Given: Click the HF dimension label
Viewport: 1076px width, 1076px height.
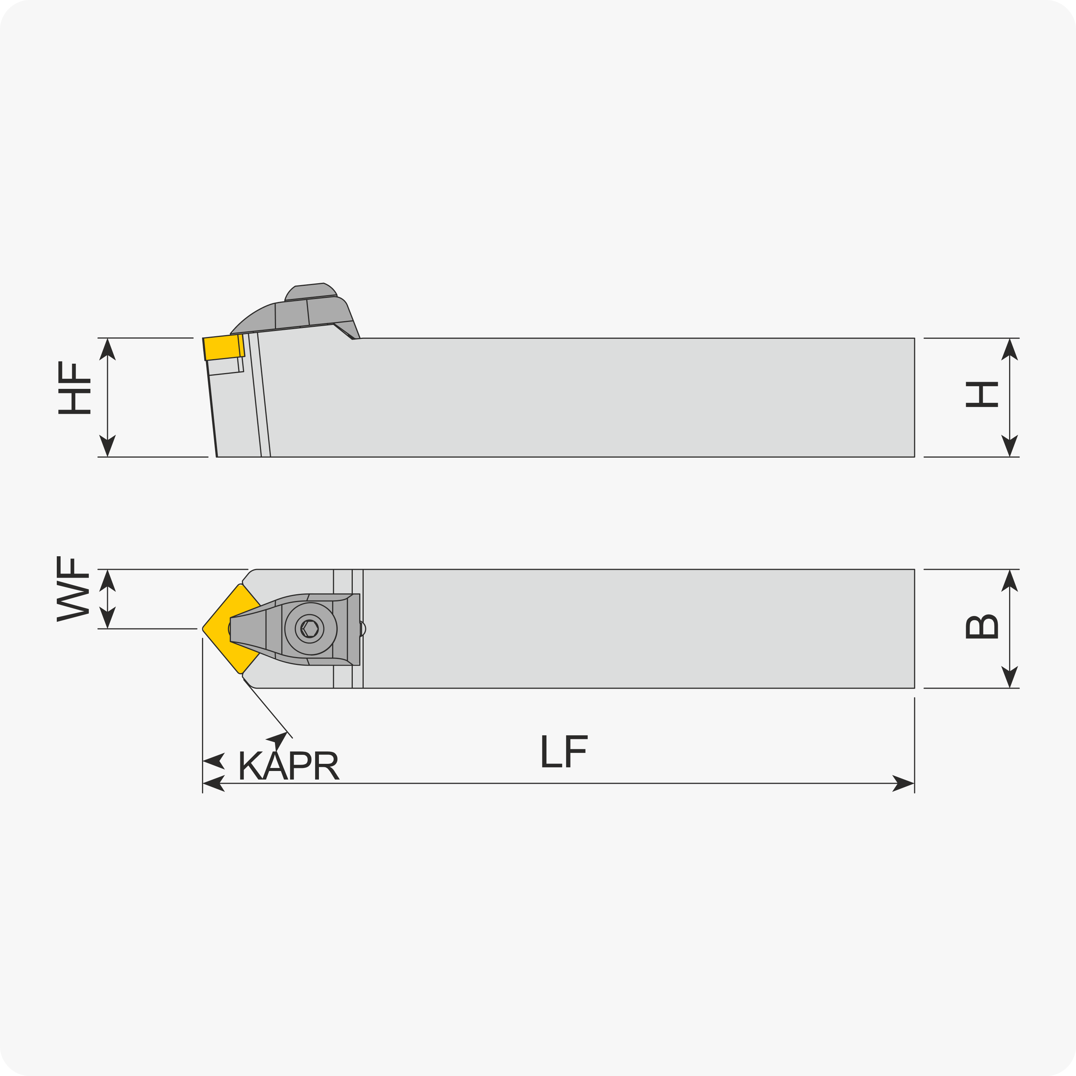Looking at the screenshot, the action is pyautogui.click(x=74, y=388).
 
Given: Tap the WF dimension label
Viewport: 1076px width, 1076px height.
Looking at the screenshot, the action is pyautogui.click(x=73, y=589).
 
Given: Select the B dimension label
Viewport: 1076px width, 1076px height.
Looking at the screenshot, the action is pyautogui.click(x=982, y=627).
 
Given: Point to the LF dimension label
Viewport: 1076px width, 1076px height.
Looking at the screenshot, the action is pyautogui.click(x=564, y=751).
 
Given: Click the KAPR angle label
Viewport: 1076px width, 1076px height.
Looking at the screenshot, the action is pyautogui.click(x=288, y=765).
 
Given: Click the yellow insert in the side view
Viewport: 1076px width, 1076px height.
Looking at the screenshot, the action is pyautogui.click(x=223, y=347).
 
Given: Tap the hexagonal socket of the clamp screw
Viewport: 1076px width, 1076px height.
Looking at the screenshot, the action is pyautogui.click(x=310, y=629).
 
